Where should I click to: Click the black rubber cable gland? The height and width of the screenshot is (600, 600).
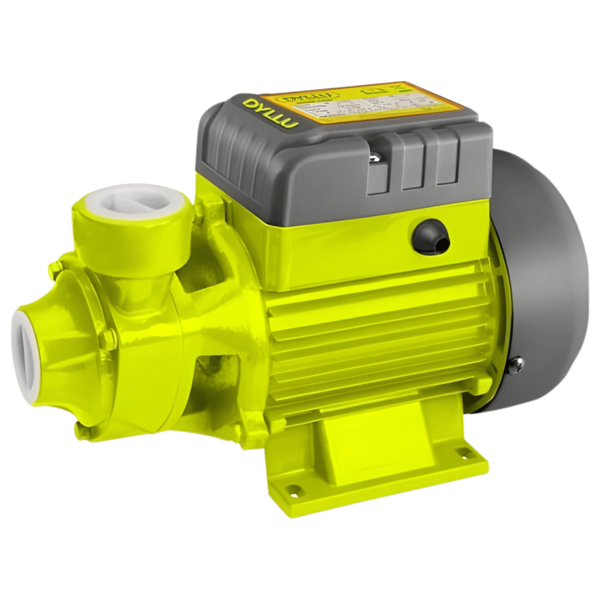pos(431,237)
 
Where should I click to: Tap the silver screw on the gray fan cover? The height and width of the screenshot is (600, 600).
pos(515,365)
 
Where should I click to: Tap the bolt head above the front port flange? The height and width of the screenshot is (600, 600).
pos(55,269)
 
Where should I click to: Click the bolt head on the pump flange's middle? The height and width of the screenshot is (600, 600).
pos(108,339)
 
